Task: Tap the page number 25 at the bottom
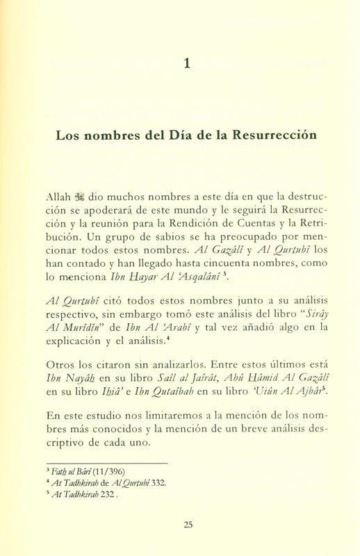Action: click(188, 525)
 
